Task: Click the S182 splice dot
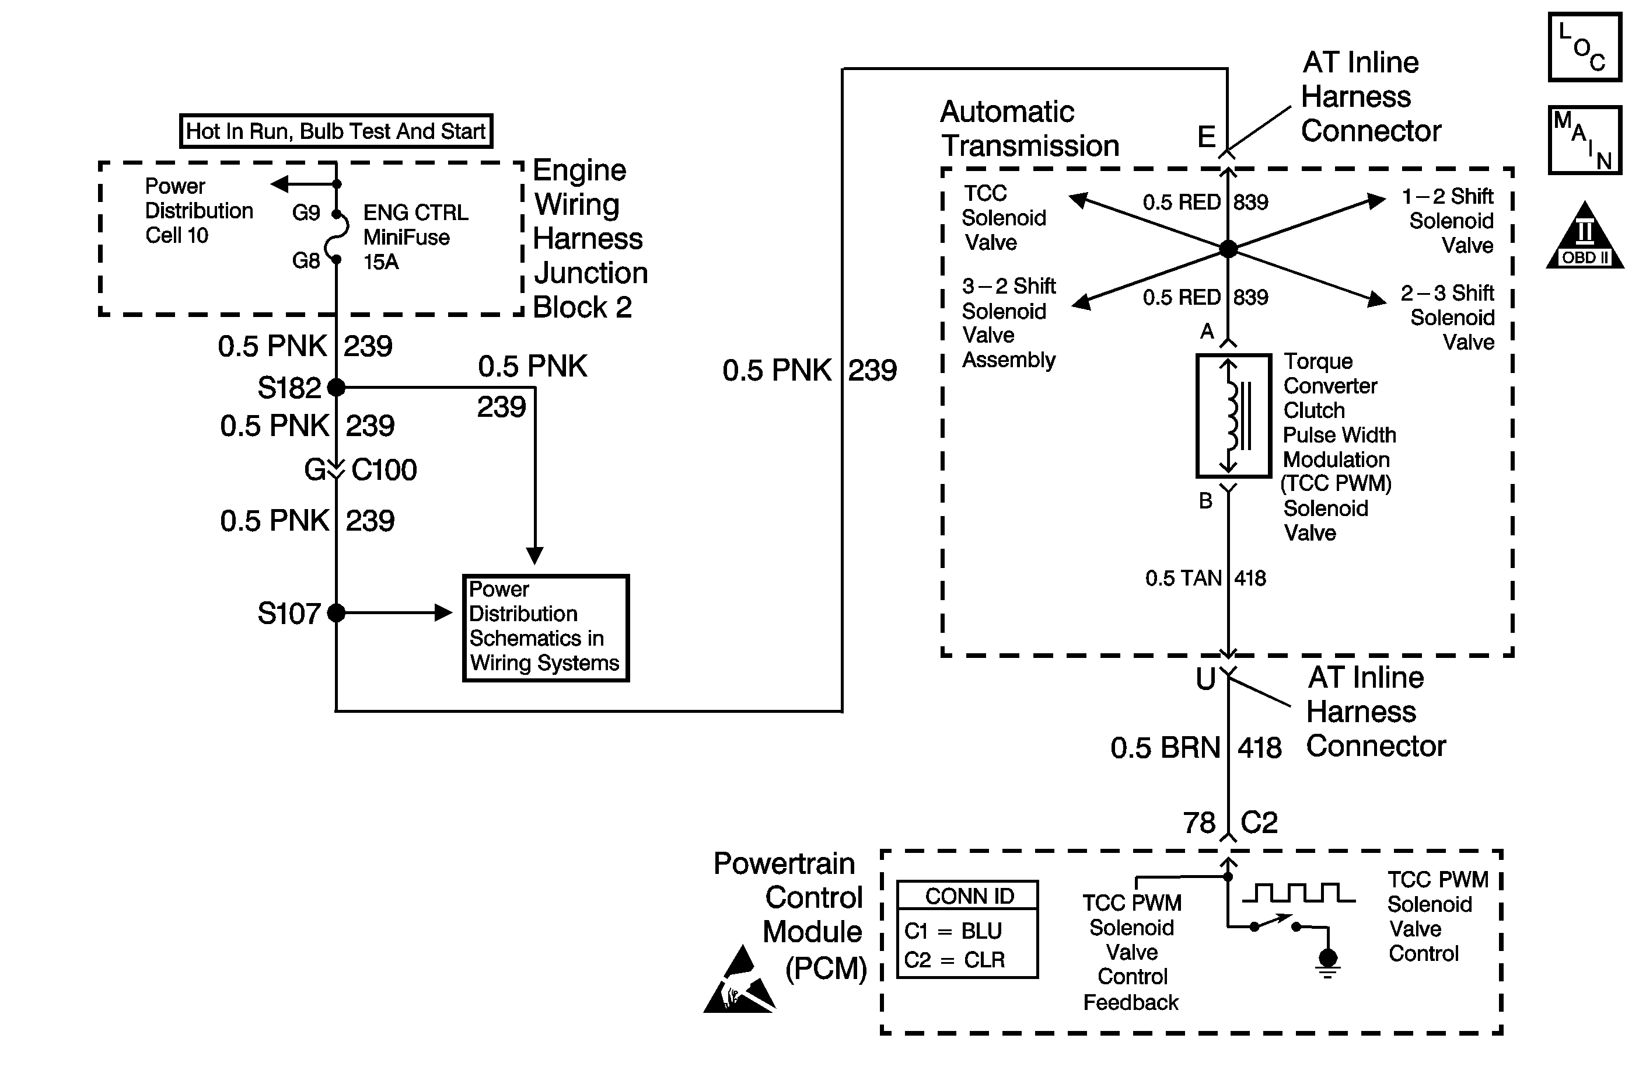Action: pos(336,388)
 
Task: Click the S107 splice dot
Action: pos(336,612)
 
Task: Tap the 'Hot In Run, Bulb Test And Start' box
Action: pos(336,131)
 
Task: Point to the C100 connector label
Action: pos(384,471)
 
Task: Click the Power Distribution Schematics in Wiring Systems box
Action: pos(546,628)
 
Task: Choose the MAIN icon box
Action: pos(1585,140)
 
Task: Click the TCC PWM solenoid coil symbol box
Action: pos(1233,416)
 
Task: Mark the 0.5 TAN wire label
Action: pos(1183,579)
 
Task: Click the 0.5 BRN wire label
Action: pos(1165,748)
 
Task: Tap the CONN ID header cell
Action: pos(968,896)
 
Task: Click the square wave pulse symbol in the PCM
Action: pos(1298,893)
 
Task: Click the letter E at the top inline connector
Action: pos(1207,137)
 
